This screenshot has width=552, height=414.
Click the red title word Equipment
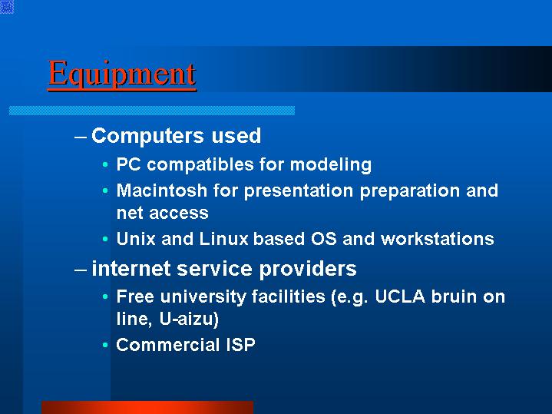[x=122, y=74]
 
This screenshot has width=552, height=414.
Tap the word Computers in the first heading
[x=147, y=136]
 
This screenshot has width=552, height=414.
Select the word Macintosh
[x=162, y=190]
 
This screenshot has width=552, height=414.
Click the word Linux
[x=224, y=239]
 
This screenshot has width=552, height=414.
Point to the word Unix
[x=136, y=239]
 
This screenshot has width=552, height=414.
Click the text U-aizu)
[x=189, y=320]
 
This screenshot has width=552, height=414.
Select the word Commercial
[x=168, y=345]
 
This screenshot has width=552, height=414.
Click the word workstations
[x=438, y=239]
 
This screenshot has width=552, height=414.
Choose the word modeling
[x=331, y=165]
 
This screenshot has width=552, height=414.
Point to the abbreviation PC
[x=129, y=164]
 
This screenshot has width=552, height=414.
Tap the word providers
[x=308, y=270]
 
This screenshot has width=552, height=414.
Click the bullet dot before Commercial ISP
[x=105, y=345]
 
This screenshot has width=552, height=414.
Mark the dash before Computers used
[x=81, y=137]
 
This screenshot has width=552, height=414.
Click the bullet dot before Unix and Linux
[x=105, y=239]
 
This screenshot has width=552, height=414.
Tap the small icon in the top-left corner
[x=7, y=7]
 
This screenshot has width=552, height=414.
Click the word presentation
[x=299, y=191]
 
